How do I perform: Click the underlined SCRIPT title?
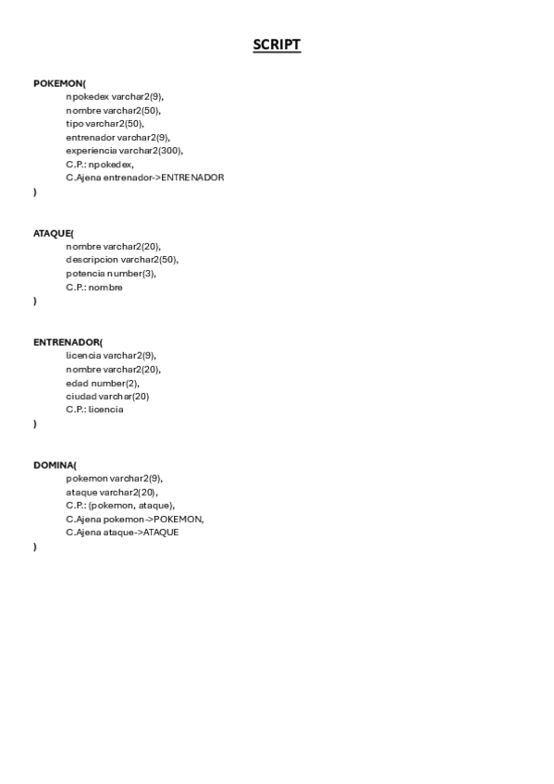[x=277, y=45]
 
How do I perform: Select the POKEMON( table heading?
[x=59, y=83]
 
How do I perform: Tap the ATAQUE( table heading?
[x=54, y=233]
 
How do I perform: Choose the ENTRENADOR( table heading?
[x=68, y=342]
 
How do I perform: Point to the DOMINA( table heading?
[x=55, y=465]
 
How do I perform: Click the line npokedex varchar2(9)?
[x=115, y=96]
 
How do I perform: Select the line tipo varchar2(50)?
[x=105, y=123]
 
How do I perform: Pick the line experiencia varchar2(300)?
[x=125, y=151]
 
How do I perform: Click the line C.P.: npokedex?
[x=100, y=164]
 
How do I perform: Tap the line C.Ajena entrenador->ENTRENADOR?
[x=144, y=178]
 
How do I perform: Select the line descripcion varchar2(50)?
[x=122, y=260]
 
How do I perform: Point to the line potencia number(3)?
[x=111, y=274]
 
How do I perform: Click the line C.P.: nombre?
[x=94, y=288]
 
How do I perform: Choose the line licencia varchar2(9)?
[x=111, y=355]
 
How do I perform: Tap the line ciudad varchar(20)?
[x=107, y=397]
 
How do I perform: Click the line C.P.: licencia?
[x=94, y=410]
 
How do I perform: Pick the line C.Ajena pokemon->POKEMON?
[x=135, y=520]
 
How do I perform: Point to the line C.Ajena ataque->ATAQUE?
[x=122, y=533]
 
